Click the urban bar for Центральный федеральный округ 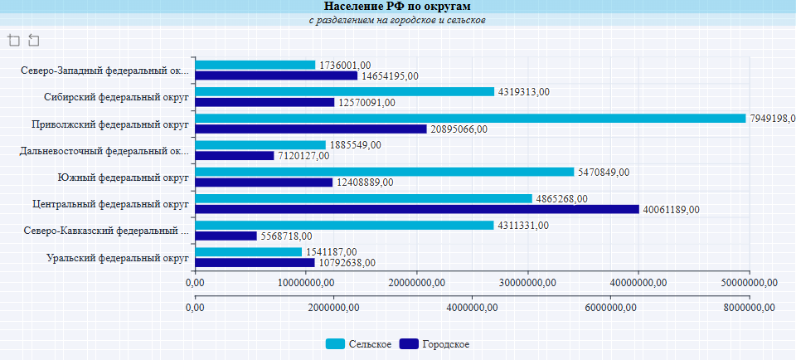(x=417, y=209)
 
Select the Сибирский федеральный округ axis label (x=117, y=97)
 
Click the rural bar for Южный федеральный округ (x=385, y=172)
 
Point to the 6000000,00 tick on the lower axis (x=610, y=308)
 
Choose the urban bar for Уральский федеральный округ (x=255, y=263)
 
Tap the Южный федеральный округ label (x=124, y=178)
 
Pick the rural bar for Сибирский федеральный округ (x=345, y=91)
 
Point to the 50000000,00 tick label (x=749, y=283)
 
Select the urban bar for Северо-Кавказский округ (x=226, y=236)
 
